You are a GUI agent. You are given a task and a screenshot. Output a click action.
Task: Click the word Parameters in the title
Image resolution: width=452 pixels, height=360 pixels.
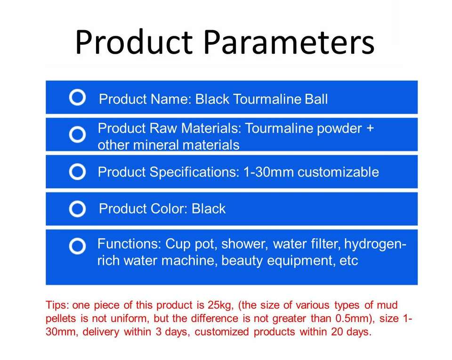pyautogui.click(x=289, y=42)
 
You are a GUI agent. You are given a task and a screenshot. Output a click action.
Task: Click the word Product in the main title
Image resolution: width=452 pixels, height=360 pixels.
pyautogui.click(x=134, y=42)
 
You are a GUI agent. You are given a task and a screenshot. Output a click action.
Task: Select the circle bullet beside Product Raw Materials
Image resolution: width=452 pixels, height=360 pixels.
pyautogui.click(x=78, y=134)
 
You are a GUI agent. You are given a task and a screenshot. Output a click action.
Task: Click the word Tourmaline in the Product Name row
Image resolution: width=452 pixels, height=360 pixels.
pyautogui.click(x=267, y=99)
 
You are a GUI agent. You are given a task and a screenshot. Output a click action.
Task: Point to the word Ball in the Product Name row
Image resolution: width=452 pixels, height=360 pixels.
pyautogui.click(x=316, y=99)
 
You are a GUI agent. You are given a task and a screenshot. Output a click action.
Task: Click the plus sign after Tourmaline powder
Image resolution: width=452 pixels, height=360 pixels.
pyautogui.click(x=370, y=128)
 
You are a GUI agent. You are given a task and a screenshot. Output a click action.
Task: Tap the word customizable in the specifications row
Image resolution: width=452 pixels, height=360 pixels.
pyautogui.click(x=338, y=172)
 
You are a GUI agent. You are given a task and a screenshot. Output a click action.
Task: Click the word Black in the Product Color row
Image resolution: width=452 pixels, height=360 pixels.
pyautogui.click(x=209, y=209)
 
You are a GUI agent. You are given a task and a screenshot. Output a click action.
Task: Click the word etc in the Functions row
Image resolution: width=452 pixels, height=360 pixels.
pyautogui.click(x=348, y=261)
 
